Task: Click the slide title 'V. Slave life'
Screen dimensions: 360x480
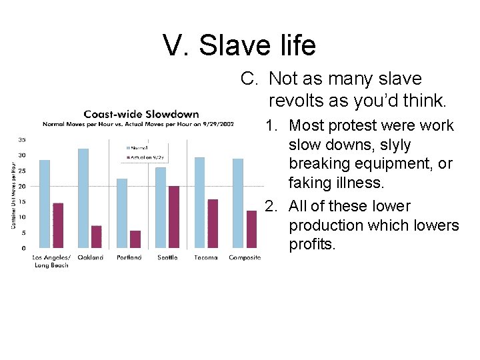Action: coord(239,45)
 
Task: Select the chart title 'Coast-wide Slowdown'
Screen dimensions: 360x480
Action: coord(141,114)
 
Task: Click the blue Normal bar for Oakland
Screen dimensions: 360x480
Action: coord(83,198)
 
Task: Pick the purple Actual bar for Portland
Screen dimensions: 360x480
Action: coord(135,239)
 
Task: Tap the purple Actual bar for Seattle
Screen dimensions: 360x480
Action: coord(174,217)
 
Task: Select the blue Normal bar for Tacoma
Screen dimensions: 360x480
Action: coord(199,203)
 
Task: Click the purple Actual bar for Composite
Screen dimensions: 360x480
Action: coord(251,229)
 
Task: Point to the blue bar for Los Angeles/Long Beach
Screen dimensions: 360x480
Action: coord(45,204)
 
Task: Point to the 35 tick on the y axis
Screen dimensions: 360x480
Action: coord(23,140)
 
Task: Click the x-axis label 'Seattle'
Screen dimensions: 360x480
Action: coord(167,257)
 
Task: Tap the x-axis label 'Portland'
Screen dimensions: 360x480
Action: coord(129,257)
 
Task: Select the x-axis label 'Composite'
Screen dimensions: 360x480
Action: coord(245,257)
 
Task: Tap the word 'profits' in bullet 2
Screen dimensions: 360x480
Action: coord(313,245)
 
